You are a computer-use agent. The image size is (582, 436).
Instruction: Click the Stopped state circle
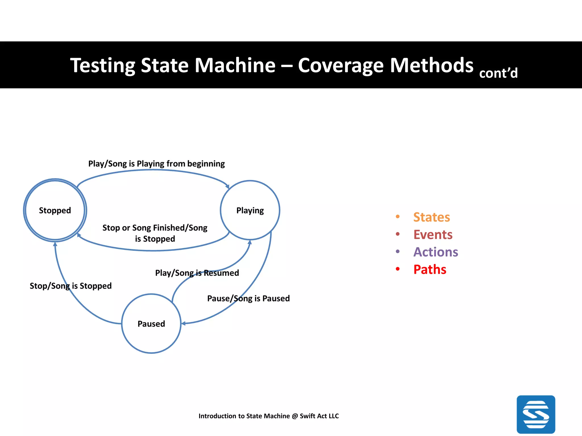tap(55, 210)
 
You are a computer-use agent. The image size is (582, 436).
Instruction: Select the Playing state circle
tap(250, 210)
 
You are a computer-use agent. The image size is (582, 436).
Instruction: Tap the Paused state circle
tap(151, 324)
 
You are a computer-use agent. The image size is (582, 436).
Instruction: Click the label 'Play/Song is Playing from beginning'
tap(156, 164)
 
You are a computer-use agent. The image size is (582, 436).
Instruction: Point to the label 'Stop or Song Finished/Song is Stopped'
tap(155, 233)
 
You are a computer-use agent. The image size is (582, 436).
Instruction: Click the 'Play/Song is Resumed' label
tap(197, 273)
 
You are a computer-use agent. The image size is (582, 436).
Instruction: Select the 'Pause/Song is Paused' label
tap(248, 298)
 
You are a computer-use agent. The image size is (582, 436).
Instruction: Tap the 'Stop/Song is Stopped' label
tap(70, 286)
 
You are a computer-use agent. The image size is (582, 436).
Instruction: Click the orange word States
tap(431, 217)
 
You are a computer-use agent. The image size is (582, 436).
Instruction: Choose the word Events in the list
tap(433, 235)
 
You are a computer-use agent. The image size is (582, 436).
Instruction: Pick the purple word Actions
tap(435, 252)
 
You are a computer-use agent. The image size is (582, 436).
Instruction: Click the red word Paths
tap(430, 269)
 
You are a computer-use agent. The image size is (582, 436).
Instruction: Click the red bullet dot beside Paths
tap(398, 269)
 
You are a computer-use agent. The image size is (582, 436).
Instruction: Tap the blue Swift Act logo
tap(536, 414)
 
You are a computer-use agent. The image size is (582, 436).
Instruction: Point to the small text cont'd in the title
tap(498, 73)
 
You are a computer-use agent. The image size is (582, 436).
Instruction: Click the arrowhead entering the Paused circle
tap(184, 323)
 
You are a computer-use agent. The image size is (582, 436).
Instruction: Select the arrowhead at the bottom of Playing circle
tap(250, 242)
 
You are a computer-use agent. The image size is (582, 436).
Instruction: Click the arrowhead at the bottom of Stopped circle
tap(55, 244)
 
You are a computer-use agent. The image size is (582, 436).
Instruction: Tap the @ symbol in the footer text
tap(295, 416)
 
